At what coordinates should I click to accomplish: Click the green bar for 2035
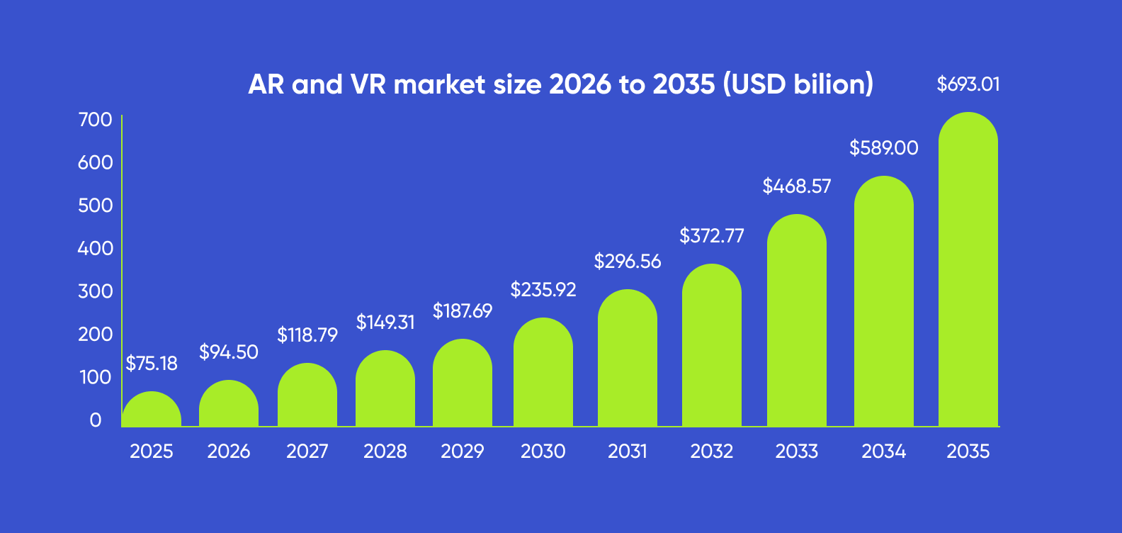point(968,276)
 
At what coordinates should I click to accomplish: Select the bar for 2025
point(152,411)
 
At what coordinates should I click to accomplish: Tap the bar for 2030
point(543,376)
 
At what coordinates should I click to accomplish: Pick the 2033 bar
point(796,326)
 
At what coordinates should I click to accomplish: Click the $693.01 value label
point(968,84)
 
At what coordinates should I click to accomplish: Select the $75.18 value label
point(152,364)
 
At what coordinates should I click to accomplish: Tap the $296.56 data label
point(627,262)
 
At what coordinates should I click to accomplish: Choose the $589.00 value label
point(883,148)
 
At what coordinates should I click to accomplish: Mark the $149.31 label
point(385,322)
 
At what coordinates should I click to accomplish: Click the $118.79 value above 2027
point(307,335)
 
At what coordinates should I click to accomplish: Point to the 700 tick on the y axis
point(95,120)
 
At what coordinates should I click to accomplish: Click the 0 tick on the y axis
point(96,420)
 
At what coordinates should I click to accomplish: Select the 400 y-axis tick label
point(95,249)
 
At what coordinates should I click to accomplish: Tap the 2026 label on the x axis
point(228,451)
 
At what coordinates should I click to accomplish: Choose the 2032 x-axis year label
point(711,451)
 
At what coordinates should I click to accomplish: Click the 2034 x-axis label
point(883,451)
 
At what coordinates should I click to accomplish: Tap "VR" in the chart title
point(368,84)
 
